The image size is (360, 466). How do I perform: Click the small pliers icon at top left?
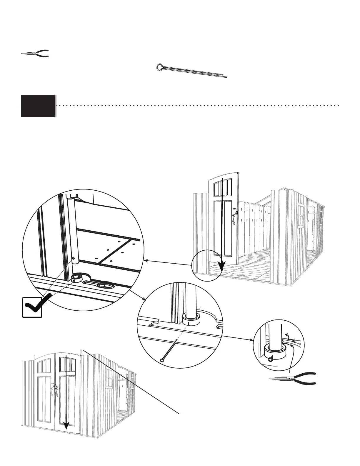pyautogui.click(x=35, y=53)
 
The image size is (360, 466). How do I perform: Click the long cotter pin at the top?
pyautogui.click(x=191, y=71)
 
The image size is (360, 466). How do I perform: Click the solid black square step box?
pyautogui.click(x=38, y=106)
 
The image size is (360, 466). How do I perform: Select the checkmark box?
pyautogui.click(x=32, y=307)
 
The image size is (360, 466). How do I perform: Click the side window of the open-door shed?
pyautogui.click(x=301, y=216)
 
